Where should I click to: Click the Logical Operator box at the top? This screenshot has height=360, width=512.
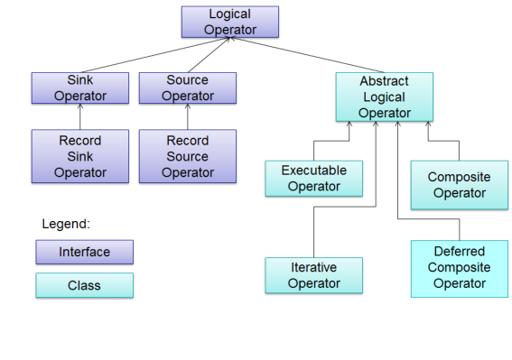coord(230,23)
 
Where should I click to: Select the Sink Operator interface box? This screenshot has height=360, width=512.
coord(80,88)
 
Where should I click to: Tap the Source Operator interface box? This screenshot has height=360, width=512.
coord(188,88)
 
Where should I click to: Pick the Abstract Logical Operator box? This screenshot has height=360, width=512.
coord(384,97)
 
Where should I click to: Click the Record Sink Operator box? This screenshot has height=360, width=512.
coord(80,156)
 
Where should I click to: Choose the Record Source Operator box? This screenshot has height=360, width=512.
coord(188,156)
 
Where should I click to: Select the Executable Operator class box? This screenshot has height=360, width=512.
coord(313,178)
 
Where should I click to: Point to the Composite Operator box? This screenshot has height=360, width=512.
coord(459,185)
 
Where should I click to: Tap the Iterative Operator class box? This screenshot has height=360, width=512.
coord(313,275)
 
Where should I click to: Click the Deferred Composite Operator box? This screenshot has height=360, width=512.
coord(459,268)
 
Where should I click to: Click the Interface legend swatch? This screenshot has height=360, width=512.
coord(84,252)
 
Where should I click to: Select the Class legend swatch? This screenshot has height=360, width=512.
coord(84,285)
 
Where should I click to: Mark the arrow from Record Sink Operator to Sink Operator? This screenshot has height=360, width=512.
coord(80,117)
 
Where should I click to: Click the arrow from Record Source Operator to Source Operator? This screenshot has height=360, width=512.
coord(188,117)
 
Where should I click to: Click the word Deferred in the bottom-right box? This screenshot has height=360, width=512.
coord(459,252)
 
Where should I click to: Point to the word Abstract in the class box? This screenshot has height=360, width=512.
coord(384,81)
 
